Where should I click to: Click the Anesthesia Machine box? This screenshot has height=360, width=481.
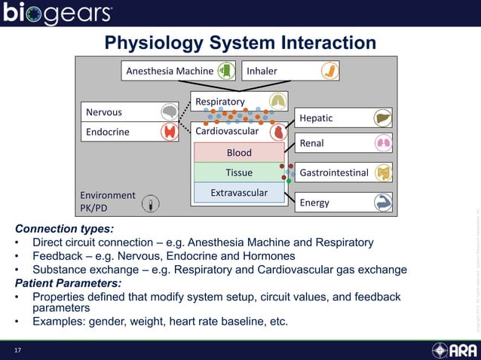pos(178,71)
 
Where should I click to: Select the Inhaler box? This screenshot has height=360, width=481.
pos(290,71)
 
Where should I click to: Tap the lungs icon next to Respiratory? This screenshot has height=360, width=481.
pos(277,102)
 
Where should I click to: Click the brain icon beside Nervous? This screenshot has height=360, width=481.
pos(170,112)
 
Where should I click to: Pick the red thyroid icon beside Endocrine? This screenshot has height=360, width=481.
pos(170,132)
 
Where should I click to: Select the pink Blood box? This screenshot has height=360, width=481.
pos(239,153)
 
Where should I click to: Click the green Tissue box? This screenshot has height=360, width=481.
pos(239,172)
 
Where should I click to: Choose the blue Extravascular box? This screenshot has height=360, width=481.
pos(239,193)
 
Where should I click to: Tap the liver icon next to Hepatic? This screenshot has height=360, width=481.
pos(382,117)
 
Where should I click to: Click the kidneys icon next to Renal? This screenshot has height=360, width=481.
pos(382,142)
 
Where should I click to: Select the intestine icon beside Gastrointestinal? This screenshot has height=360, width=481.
pos(383,172)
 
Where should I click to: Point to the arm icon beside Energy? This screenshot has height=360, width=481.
pos(382,202)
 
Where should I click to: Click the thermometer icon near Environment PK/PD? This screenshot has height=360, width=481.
pos(152,203)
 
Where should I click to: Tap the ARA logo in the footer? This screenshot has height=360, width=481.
pos(454,350)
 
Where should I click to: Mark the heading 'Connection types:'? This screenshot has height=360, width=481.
pos(65,228)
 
